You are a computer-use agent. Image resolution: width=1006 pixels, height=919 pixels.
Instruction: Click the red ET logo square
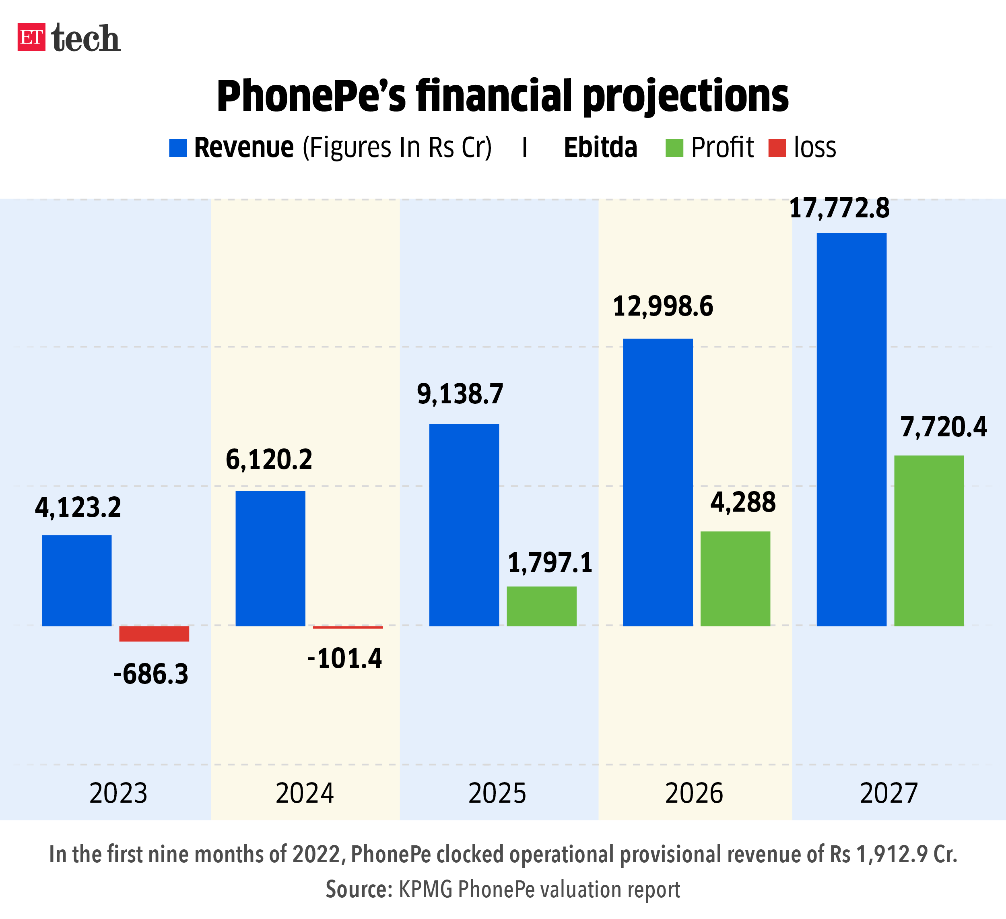point(31,37)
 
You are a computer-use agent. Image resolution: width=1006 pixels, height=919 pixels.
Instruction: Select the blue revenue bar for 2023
point(76,580)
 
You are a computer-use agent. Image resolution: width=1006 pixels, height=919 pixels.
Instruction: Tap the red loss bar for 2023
point(154,634)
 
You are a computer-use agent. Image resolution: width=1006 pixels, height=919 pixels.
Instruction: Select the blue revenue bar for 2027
point(851,429)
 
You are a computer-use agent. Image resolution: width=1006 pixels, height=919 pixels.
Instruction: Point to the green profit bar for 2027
point(929,541)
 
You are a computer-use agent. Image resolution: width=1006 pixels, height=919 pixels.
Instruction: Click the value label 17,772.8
point(839,208)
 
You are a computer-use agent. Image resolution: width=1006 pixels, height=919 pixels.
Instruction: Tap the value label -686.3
point(151,674)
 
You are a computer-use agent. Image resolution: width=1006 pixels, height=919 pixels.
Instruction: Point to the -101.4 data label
point(344,658)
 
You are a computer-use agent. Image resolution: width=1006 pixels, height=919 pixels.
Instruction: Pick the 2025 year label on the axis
point(497,793)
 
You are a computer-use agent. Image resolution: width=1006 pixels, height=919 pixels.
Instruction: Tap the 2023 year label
point(118,793)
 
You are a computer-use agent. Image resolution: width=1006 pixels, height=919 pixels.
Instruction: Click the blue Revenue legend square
point(177,148)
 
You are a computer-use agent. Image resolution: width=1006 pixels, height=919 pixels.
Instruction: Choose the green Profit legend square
point(674,148)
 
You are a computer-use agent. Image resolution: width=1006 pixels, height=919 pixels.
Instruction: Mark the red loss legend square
point(777,148)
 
